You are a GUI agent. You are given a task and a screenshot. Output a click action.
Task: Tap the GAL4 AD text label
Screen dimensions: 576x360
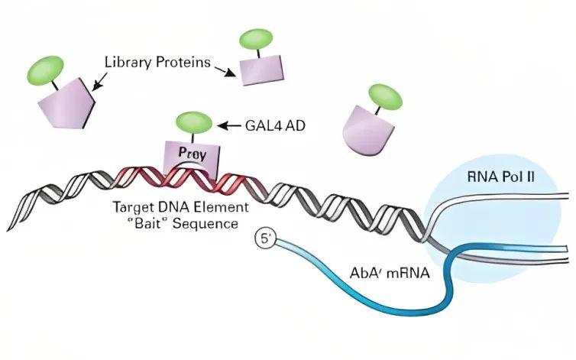point(275,126)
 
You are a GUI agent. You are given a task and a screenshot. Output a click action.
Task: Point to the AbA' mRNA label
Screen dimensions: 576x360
point(390,273)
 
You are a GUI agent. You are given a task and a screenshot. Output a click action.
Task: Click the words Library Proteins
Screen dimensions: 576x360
point(157,62)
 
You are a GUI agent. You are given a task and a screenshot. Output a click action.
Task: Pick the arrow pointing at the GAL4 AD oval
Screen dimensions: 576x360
point(229,126)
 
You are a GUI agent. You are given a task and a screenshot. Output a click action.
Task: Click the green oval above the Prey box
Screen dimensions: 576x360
point(193,122)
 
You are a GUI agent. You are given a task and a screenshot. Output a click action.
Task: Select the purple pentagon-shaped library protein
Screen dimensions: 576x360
point(66,105)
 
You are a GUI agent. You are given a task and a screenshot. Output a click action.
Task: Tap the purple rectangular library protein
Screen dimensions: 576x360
point(262,70)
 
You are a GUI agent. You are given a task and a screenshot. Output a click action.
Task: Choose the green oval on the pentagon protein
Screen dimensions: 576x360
point(45,70)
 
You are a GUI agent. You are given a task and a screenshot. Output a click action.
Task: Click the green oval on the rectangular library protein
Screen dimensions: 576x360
point(256,40)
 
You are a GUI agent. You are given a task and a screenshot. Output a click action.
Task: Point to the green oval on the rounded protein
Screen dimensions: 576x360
point(385,96)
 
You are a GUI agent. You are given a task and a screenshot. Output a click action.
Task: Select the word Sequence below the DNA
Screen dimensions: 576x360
point(205,223)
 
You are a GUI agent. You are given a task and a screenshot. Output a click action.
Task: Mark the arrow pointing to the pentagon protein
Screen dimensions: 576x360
point(99,82)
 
